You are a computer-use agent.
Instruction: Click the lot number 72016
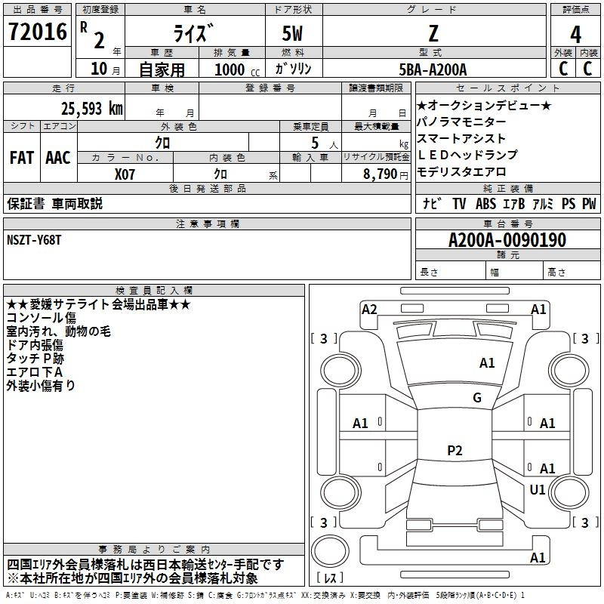[x=37, y=32]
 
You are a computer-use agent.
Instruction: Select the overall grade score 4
[x=575, y=35]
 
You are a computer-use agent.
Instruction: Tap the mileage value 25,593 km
[x=91, y=109]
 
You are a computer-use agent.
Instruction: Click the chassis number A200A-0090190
[x=507, y=240]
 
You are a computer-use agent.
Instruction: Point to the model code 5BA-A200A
[x=433, y=69]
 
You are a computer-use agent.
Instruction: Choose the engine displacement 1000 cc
[x=237, y=69]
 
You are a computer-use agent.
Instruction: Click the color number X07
[x=125, y=174]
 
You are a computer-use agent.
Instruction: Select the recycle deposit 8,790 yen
[x=385, y=174]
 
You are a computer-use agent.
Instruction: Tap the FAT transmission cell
[x=22, y=158]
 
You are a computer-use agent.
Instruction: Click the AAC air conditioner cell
[x=58, y=158]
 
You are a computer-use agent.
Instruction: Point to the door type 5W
[x=292, y=33]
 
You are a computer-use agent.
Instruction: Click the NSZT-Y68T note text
[x=34, y=240]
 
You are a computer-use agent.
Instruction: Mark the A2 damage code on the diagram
[x=369, y=310]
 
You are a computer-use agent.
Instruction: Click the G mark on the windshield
[x=477, y=398]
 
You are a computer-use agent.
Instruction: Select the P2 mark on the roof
[x=455, y=450]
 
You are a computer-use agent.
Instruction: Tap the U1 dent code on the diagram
[x=538, y=489]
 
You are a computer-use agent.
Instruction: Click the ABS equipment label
[x=485, y=204]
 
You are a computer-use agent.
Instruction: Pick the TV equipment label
[x=459, y=204]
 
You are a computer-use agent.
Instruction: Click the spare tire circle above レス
[x=330, y=551]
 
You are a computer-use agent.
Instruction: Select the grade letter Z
[x=433, y=33]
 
